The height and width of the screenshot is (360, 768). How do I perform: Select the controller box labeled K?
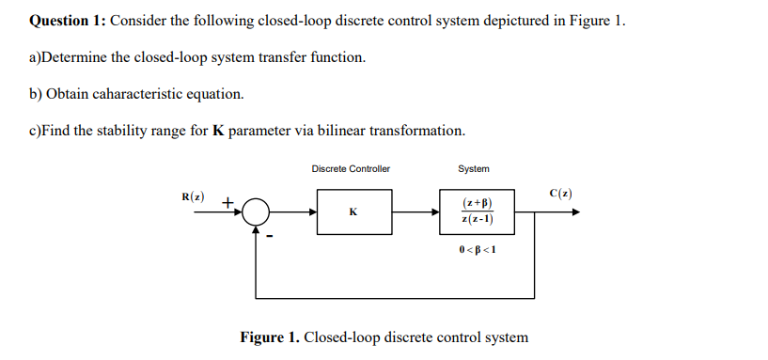pyautogui.click(x=353, y=211)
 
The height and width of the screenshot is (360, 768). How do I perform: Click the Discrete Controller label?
pyautogui.click(x=351, y=169)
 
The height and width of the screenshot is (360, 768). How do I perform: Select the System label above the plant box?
pyautogui.click(x=473, y=169)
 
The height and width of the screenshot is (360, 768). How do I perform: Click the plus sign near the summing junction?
pyautogui.click(x=227, y=200)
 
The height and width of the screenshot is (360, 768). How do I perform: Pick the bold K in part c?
pyautogui.click(x=219, y=130)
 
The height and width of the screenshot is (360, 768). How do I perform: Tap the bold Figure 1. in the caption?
pyautogui.click(x=271, y=337)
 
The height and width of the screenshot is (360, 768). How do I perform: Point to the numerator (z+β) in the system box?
pyautogui.click(x=476, y=202)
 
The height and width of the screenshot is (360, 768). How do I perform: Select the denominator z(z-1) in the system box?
pyautogui.click(x=476, y=220)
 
